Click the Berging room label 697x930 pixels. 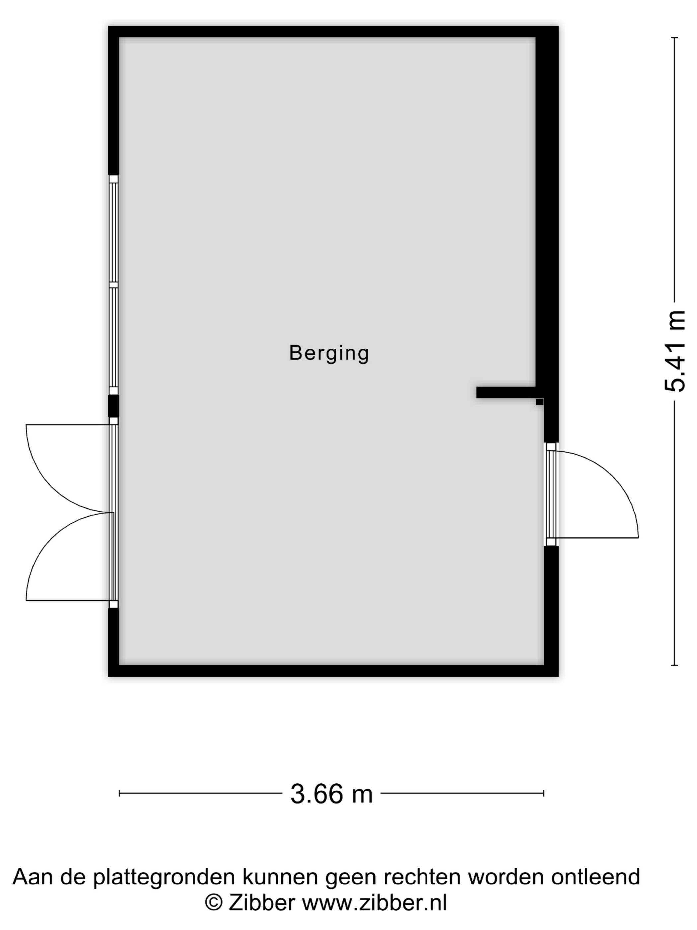tap(329, 353)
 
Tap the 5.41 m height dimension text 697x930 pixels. tap(675, 351)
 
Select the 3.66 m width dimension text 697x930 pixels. tap(332, 794)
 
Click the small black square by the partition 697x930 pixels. tap(539, 402)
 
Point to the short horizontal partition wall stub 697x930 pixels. tap(506, 392)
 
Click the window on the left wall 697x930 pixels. tap(114, 285)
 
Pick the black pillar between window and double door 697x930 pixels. tap(114, 406)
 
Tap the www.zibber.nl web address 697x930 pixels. tap(374, 903)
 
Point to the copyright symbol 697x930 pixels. tap(214, 903)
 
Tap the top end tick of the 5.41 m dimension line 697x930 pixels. tap(675, 38)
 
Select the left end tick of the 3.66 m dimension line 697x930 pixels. tap(120, 793)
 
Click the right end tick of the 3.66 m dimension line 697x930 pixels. tap(544, 793)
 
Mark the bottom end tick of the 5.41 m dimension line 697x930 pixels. tap(675, 665)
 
